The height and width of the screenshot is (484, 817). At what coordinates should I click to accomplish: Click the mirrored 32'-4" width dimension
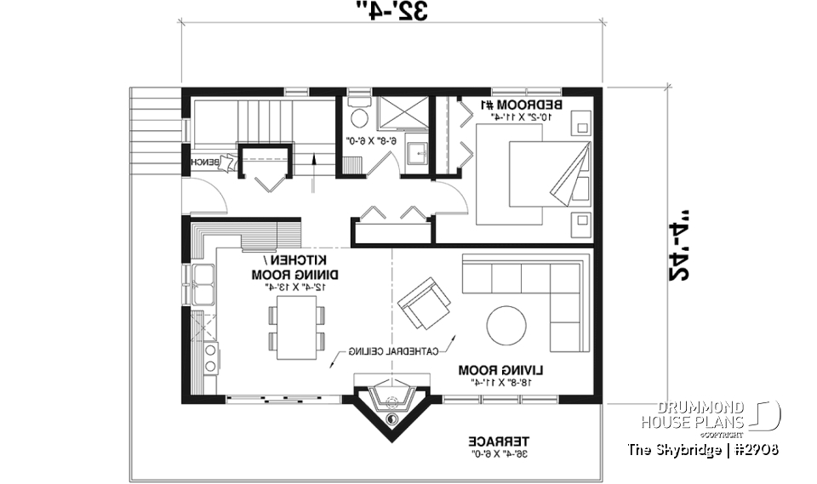(391, 11)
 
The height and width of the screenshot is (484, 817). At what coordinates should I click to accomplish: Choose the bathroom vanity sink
(416, 154)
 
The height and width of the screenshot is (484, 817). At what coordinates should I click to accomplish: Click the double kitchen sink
(203, 283)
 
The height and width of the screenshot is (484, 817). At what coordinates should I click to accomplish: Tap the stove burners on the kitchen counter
(208, 357)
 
